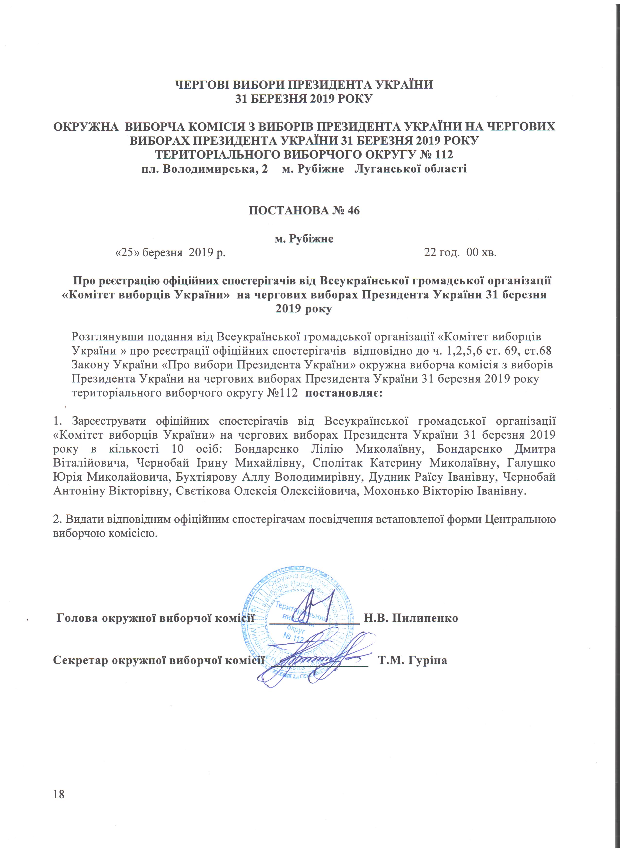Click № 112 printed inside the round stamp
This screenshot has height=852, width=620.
click(293, 639)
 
